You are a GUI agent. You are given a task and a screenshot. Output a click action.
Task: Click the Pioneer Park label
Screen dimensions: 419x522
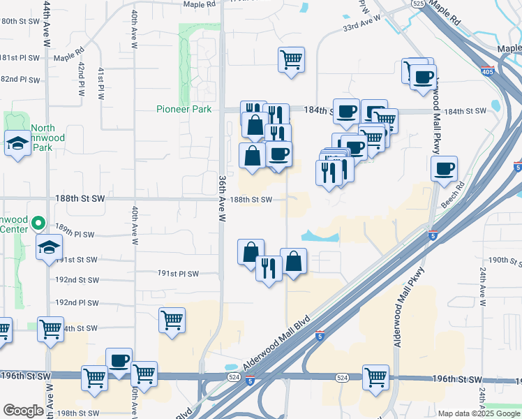coord(184,110)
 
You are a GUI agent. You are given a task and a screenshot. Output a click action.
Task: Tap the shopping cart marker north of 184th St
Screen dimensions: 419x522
coord(291,59)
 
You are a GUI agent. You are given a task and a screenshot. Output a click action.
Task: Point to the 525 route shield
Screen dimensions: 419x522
coord(418,3)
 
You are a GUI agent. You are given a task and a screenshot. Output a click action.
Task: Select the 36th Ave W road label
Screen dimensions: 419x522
coord(223,198)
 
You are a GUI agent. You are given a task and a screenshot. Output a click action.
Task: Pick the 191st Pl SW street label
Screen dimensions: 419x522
coord(178,274)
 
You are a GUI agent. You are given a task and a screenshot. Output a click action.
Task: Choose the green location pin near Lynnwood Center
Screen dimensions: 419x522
coord(40,225)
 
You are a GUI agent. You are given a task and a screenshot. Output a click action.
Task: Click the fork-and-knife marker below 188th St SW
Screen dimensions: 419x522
coord(269,267)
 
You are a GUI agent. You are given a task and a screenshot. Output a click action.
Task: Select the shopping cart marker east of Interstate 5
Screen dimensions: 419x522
coord(375,376)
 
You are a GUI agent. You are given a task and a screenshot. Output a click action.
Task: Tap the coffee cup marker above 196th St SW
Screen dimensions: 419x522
coord(119,360)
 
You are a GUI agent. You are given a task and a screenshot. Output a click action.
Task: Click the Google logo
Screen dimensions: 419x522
coord(23,411)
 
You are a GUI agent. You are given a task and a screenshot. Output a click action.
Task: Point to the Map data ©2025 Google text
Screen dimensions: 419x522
coord(479,413)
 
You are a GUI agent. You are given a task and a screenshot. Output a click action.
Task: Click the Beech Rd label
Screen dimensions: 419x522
coord(453,191)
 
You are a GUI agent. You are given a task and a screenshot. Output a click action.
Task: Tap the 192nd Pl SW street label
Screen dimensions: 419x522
coord(77,303)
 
